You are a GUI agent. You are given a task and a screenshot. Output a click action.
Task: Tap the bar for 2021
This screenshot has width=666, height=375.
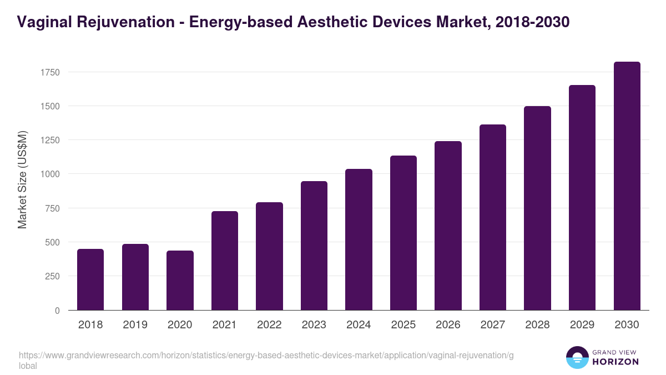point(225,261)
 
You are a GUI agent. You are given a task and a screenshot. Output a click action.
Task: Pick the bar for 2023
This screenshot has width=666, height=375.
point(314,246)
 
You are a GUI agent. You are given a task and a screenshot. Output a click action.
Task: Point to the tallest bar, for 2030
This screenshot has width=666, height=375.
point(627,186)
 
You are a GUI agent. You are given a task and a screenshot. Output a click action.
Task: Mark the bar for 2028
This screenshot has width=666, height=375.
point(537,208)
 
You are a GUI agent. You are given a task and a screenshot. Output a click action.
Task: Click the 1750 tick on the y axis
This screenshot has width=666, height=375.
point(49,72)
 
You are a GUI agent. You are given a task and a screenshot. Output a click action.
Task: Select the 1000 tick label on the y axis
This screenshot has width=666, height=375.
point(49,174)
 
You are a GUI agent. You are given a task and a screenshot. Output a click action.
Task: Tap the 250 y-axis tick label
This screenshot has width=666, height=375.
point(52,276)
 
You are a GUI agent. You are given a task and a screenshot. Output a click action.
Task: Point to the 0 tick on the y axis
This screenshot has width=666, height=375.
point(57,311)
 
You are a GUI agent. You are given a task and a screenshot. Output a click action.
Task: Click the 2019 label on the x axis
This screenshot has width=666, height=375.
point(135,325)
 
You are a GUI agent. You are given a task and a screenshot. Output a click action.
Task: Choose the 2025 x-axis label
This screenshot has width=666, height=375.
point(403,325)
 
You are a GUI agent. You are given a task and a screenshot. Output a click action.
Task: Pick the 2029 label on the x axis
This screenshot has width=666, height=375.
point(582,325)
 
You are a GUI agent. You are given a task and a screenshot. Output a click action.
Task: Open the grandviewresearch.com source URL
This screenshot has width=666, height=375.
point(266,356)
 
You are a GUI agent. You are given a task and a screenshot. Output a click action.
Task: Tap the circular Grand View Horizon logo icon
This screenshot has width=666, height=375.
point(577,357)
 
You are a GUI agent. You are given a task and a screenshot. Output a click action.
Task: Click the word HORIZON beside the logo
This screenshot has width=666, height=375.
point(616,362)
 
